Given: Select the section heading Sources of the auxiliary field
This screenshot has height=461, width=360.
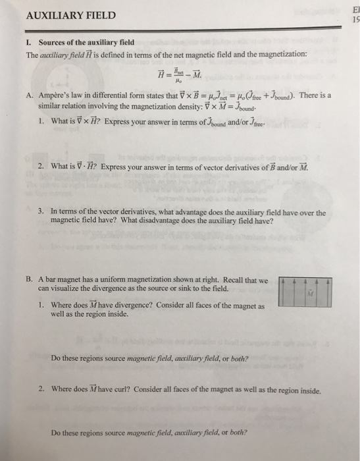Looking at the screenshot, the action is tap(81, 43).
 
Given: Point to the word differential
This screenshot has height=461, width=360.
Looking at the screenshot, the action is tap(111, 95).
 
